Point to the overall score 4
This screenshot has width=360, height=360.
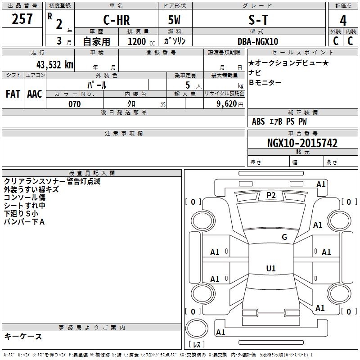pos(343,21)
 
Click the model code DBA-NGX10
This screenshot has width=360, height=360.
pos(257,41)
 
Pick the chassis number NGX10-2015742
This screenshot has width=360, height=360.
pos(302,143)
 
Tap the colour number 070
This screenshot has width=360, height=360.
pos(75,104)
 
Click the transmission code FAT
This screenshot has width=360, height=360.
pos(13,94)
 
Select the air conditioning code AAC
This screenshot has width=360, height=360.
pos(35,94)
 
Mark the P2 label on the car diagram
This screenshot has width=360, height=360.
pos(271,195)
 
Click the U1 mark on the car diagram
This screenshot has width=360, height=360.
pos(271,269)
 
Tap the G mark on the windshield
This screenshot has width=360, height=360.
pos(284,237)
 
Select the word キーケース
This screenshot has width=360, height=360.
pos(23,336)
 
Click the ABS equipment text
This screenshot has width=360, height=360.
pos(258,121)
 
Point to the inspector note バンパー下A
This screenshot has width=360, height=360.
pos(24,222)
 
